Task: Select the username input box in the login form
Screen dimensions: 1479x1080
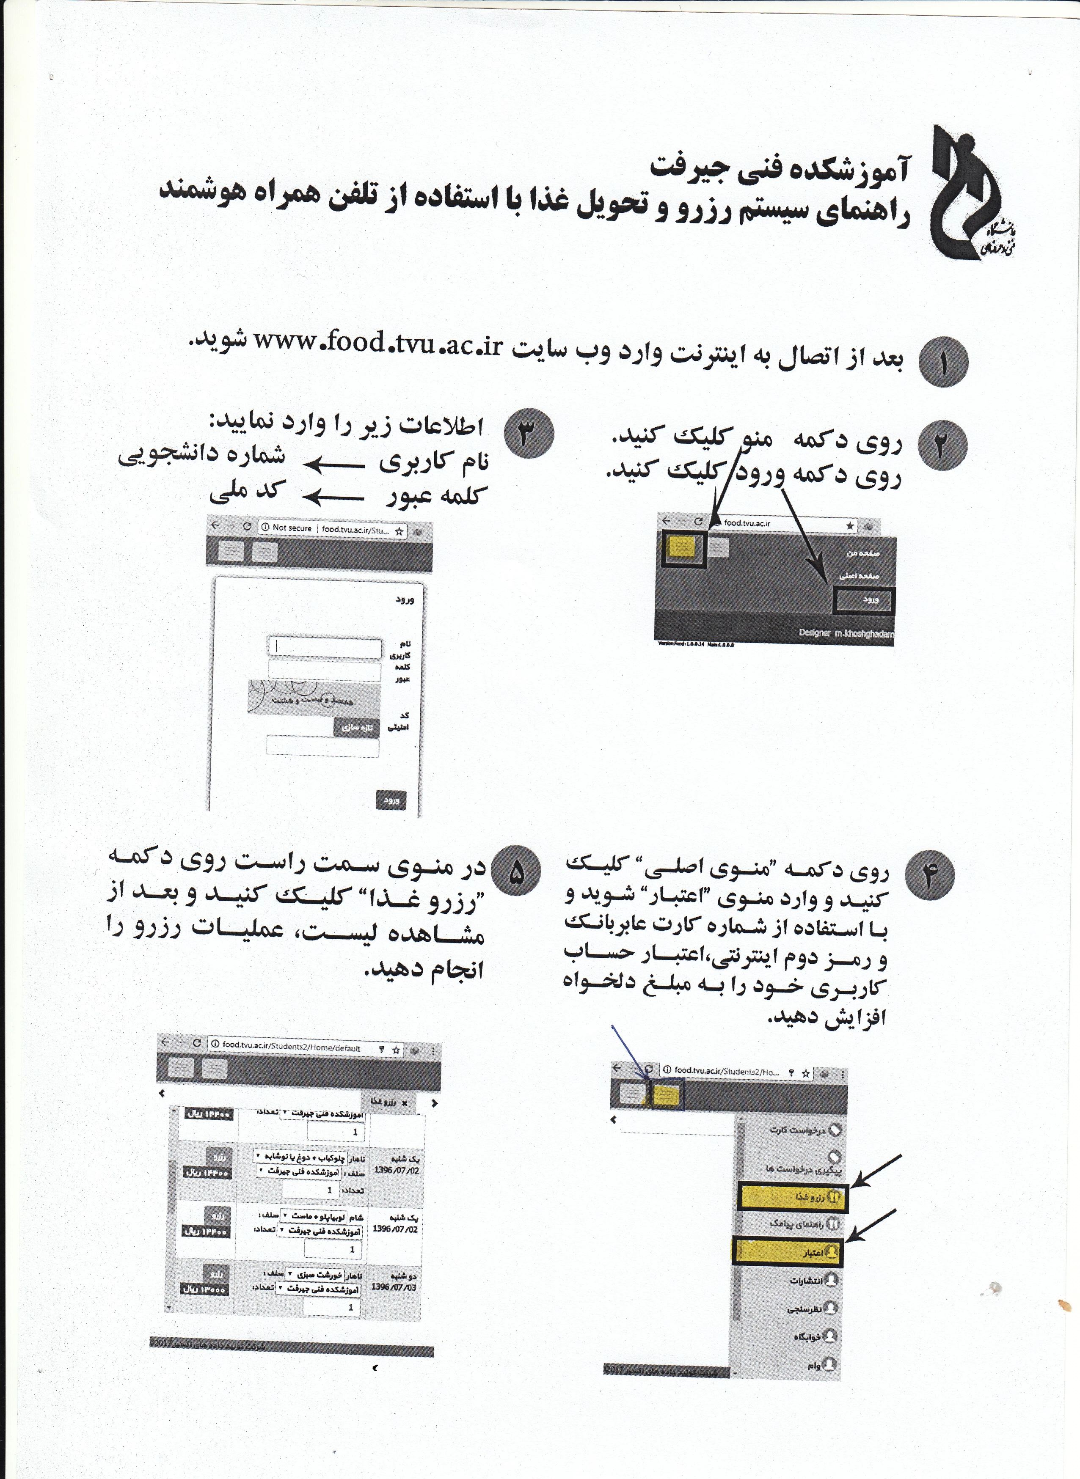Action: tap(325, 648)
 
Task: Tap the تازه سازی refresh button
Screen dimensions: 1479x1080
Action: tap(356, 727)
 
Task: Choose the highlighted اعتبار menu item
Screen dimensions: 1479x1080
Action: tap(788, 1252)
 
